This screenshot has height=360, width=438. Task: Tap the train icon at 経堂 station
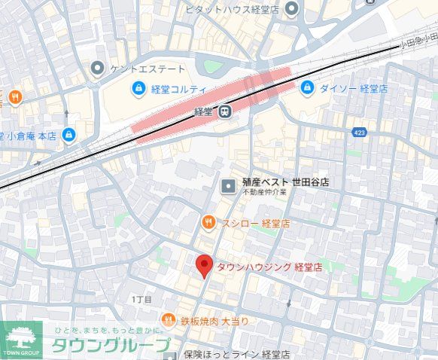pyautogui.click(x=224, y=112)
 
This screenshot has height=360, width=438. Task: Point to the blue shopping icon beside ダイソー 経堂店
pyautogui.click(x=307, y=89)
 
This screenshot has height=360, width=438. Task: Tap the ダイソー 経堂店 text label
pyautogui.click(x=354, y=89)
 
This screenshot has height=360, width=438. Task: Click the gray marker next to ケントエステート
pyautogui.click(x=96, y=69)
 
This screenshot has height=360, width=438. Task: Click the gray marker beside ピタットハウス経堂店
pyautogui.click(x=290, y=9)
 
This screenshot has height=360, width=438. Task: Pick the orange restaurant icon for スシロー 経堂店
pyautogui.click(x=208, y=222)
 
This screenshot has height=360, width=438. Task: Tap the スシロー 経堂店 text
pyautogui.click(x=256, y=223)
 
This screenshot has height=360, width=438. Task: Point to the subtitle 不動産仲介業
pyautogui.click(x=263, y=194)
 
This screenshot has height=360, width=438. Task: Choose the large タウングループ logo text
pyautogui.click(x=110, y=346)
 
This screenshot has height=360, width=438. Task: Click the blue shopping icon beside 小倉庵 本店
pyautogui.click(x=69, y=135)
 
